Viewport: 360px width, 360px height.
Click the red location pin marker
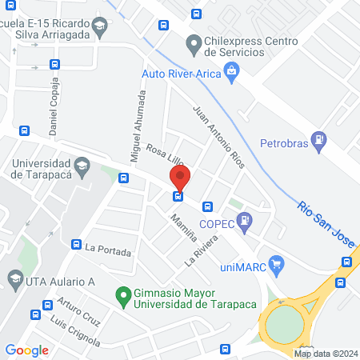tap(180, 177)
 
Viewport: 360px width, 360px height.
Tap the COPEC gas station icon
tap(245, 218)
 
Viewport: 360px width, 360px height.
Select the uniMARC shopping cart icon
tap(277, 262)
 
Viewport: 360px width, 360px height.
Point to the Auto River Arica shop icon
tap(232, 72)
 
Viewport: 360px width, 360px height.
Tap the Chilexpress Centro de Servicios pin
tap(192, 42)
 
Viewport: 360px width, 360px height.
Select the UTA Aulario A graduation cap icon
tap(14, 278)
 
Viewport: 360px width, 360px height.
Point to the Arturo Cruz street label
tap(78, 313)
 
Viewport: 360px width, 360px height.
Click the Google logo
tap(27, 350)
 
